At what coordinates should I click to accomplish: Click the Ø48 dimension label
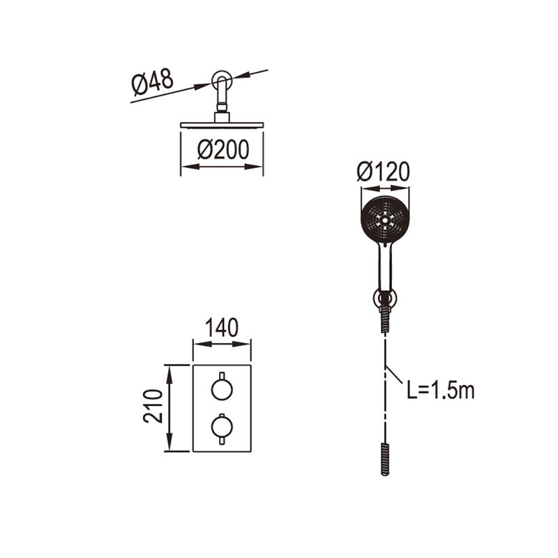152,83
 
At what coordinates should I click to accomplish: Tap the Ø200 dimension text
223,150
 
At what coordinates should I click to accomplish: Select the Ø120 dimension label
383,172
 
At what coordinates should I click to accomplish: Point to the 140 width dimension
222,328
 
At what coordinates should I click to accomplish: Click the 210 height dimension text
153,406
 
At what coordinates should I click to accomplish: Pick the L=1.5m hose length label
441,391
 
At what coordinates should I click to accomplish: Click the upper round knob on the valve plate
222,389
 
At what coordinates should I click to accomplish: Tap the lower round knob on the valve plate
222,426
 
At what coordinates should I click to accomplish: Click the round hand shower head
385,219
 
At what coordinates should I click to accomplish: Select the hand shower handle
386,267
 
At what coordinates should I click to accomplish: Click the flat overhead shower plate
222,125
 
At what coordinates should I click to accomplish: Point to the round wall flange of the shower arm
222,81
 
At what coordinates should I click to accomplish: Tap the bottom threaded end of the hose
385,459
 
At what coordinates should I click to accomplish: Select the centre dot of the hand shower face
385,220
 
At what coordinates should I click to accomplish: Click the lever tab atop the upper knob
222,376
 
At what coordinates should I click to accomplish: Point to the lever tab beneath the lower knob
222,441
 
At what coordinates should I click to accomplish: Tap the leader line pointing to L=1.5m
394,375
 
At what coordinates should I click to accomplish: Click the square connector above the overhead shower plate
222,117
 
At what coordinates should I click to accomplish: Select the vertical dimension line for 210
169,408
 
